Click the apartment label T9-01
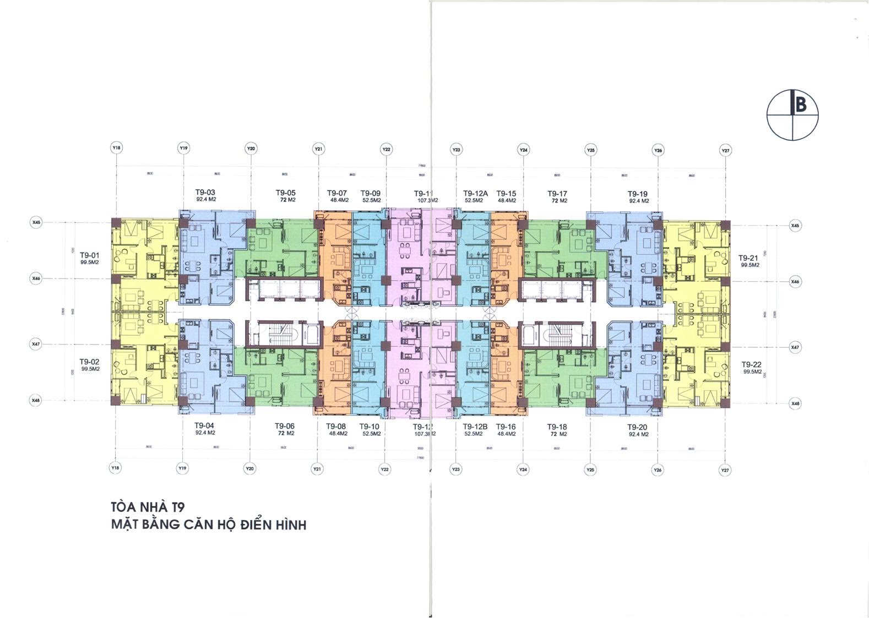(89, 255)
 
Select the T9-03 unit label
(205, 192)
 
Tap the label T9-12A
(475, 193)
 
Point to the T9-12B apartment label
(475, 426)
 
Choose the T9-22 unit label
(751, 364)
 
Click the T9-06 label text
(285, 426)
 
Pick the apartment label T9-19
(637, 194)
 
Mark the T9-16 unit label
(506, 426)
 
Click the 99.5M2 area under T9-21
(749, 265)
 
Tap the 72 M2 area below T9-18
(557, 434)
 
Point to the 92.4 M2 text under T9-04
(205, 433)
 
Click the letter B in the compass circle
(800, 104)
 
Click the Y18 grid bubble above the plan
(116, 148)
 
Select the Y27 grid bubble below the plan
(725, 471)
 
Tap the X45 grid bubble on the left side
(36, 223)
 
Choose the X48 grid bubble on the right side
(795, 404)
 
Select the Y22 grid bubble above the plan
(386, 150)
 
